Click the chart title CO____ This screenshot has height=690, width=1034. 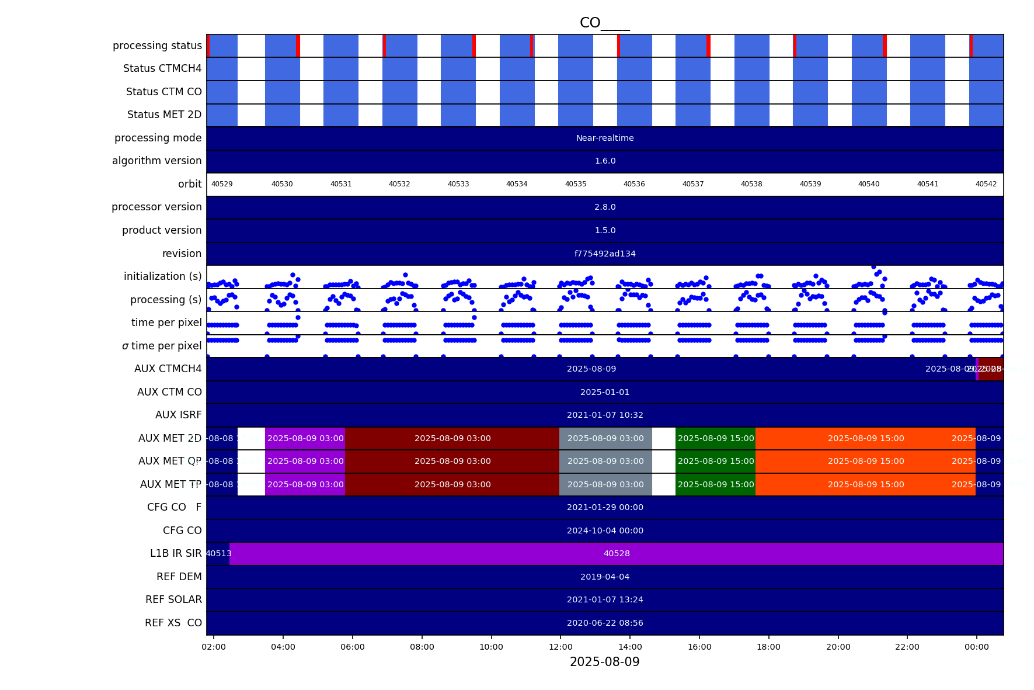tap(604, 23)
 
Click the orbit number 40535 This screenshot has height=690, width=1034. tap(575, 184)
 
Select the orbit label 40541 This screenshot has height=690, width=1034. tap(927, 184)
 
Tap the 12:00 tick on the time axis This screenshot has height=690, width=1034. tap(560, 647)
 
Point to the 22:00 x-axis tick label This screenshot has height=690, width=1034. tap(907, 647)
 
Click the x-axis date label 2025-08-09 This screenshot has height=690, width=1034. tap(604, 662)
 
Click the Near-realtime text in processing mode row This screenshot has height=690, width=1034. tap(605, 138)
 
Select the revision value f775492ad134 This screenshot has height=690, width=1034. tap(605, 254)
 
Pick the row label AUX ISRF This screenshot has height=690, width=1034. tap(178, 415)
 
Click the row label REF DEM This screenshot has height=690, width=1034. tap(179, 577)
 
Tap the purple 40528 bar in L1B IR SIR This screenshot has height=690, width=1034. tap(617, 554)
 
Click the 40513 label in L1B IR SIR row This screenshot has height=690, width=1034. tap(218, 554)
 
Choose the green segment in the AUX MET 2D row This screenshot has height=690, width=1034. tap(715, 438)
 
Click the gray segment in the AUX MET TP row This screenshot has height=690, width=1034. tap(605, 484)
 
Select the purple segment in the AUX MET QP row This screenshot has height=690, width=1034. tap(305, 462)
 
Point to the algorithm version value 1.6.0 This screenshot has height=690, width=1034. tap(605, 161)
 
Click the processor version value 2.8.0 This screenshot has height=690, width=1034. tap(605, 207)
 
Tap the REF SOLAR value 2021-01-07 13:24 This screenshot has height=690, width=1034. tap(605, 600)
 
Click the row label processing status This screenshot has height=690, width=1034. tap(157, 46)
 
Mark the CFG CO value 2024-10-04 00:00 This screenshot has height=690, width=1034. tap(605, 531)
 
